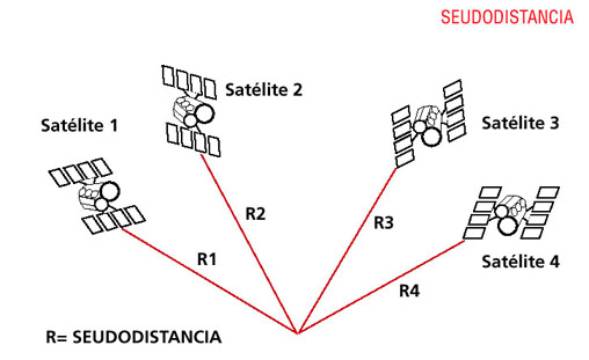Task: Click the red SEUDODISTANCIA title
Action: point(507,17)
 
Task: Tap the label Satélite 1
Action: point(79,125)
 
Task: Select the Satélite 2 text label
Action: point(264,89)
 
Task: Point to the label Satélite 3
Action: point(520,123)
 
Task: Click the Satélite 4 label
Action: point(521,261)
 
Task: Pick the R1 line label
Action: point(207,259)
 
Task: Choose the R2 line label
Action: point(255,213)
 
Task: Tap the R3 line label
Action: point(384,223)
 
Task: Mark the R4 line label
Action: point(409,290)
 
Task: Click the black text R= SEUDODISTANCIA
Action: point(133,337)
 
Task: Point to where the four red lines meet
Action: point(298,333)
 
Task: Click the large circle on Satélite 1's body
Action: point(109,191)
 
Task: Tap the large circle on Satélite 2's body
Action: point(204,113)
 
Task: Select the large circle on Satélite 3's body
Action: point(431,137)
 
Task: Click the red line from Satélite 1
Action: point(209,280)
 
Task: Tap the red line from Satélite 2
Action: point(249,244)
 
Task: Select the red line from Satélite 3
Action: point(347,251)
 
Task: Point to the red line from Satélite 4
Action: point(381,287)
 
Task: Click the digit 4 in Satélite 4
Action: point(554,262)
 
